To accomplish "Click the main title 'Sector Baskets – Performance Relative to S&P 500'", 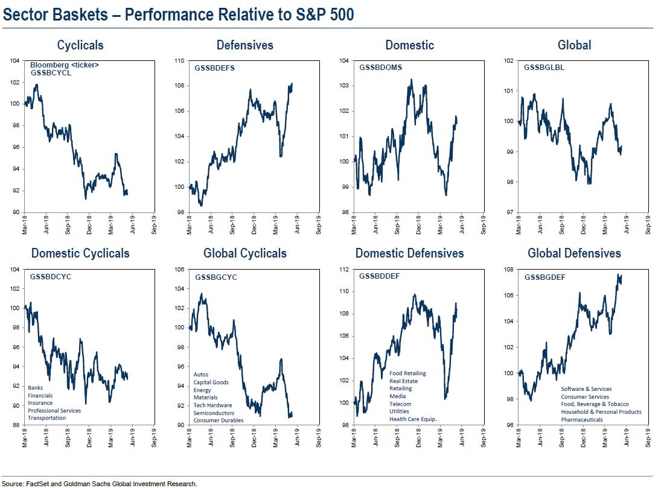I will [x=178, y=14].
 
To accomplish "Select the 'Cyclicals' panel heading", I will [x=80, y=45].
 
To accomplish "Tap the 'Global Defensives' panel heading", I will [x=574, y=253].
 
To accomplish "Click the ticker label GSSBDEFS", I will [x=214, y=68].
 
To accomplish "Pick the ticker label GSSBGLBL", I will [x=544, y=68].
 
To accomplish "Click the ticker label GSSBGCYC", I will [x=215, y=277].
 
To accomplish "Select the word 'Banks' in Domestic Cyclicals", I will [x=36, y=387].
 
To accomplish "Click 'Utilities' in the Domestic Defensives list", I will [x=398, y=411].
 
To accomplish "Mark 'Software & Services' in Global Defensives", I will [x=586, y=389].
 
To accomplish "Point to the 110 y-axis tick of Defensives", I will [x=179, y=61].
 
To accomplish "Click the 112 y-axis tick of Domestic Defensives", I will [x=343, y=270].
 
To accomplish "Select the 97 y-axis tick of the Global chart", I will [x=509, y=212].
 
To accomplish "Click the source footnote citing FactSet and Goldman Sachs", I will [x=100, y=484].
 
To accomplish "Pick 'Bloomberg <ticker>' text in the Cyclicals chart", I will [x=64, y=65].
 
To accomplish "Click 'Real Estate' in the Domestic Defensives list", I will [x=403, y=381].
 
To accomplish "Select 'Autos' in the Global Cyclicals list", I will [x=201, y=375].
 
